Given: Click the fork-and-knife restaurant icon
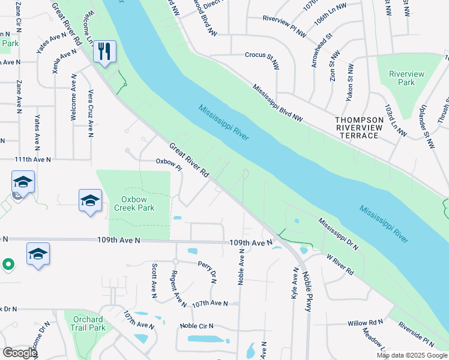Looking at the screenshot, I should (104, 52).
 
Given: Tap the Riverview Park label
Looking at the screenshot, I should (406, 78).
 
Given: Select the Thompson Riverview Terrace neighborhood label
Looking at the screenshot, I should (365, 128).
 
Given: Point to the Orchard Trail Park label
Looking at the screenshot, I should (89, 323).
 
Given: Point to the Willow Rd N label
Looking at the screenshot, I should (365, 323).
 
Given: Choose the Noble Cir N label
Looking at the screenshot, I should (196, 326).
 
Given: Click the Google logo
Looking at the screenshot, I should (20, 353).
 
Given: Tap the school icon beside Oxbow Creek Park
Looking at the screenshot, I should (90, 201).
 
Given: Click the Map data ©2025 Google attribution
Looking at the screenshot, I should (412, 355).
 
